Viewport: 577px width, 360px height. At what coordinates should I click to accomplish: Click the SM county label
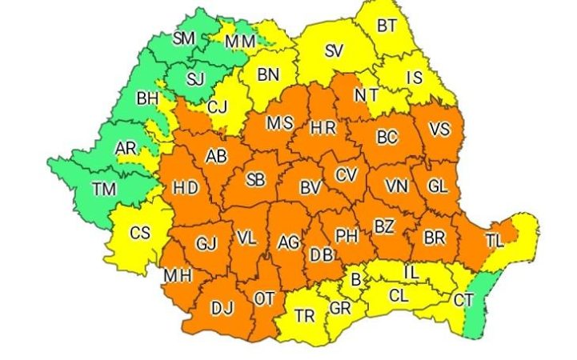(x=184, y=38)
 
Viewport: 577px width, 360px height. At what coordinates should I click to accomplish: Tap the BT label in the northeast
(x=387, y=26)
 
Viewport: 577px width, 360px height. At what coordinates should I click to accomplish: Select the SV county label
(x=335, y=51)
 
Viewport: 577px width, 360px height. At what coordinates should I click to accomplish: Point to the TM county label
(x=103, y=190)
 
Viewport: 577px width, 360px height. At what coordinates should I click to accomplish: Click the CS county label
(x=140, y=233)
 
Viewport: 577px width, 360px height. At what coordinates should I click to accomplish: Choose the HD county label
(x=186, y=189)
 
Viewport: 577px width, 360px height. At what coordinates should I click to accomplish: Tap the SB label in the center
(x=255, y=180)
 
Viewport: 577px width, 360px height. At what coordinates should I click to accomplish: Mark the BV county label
(x=309, y=190)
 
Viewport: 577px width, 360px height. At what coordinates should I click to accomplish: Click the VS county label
(x=439, y=130)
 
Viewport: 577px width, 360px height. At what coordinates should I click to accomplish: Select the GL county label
(x=437, y=186)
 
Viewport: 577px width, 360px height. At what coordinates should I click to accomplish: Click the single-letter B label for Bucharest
(x=355, y=280)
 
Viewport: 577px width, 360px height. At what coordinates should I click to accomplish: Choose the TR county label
(x=304, y=315)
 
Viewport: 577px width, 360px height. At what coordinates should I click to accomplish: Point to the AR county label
(x=126, y=149)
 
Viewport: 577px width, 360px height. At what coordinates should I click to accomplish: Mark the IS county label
(x=415, y=78)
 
